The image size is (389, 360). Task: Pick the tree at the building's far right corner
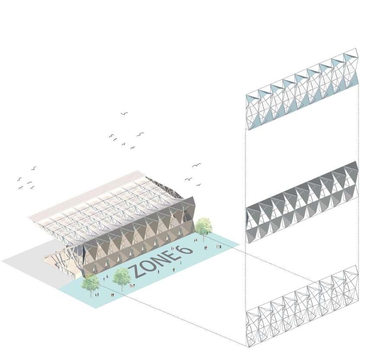point(204,226)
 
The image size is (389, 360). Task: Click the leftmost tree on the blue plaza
point(90,283)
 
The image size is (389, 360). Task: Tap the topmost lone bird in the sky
point(124,114)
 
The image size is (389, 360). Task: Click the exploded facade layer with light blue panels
point(302,89)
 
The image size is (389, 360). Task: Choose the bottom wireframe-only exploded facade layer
point(302,306)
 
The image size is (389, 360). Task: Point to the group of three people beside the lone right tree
point(219,246)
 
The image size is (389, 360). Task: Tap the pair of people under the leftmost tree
point(97,295)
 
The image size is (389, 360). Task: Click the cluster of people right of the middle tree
point(131,285)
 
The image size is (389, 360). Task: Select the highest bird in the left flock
point(34,168)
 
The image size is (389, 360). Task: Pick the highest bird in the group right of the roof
point(197,165)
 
